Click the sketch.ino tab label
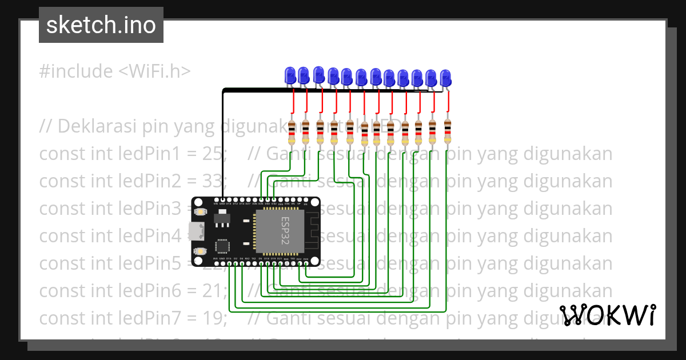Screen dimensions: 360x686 pos(101,25)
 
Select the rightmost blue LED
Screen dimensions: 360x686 pos(445,78)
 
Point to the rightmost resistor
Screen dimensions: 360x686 pos(447,132)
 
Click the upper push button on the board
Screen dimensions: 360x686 pos(200,212)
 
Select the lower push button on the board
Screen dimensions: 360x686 pos(200,251)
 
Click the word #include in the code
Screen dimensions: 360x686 pos(76,71)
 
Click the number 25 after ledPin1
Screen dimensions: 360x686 pos(212,154)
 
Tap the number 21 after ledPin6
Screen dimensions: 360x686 pos(211,290)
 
